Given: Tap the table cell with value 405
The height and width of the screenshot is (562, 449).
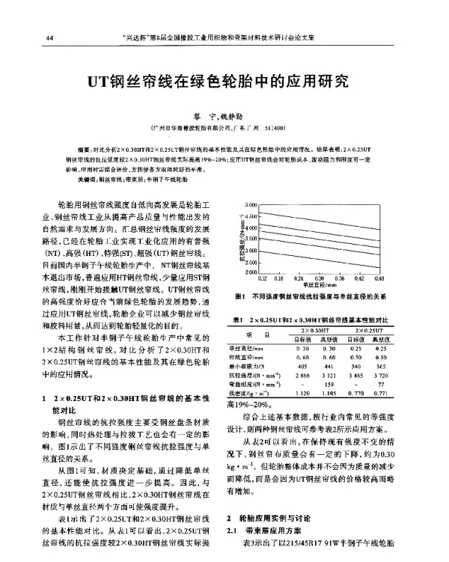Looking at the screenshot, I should click(x=302, y=365).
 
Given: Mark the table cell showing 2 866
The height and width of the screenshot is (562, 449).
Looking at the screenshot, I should click(x=302, y=373).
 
